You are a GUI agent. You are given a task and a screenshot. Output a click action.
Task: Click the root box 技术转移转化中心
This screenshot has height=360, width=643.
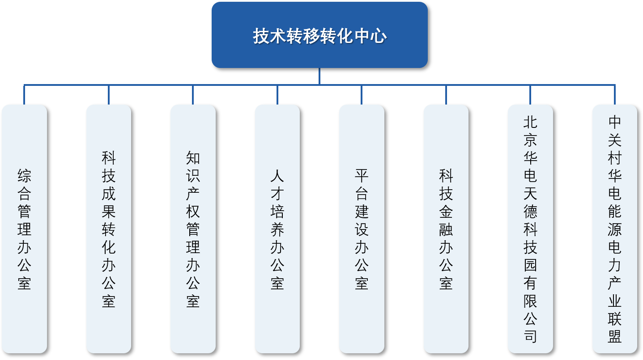pos(319,35)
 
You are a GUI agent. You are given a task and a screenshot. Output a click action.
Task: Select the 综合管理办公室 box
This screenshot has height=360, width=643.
pos(24,229)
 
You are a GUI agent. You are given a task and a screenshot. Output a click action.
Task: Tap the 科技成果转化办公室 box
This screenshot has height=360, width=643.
pos(109,229)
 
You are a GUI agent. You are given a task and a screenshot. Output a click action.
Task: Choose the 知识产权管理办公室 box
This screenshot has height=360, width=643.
pos(193,229)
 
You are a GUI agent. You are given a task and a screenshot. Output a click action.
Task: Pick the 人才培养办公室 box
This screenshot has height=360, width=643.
pos(277,229)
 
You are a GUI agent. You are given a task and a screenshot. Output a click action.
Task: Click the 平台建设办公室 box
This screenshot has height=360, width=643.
pos(362,229)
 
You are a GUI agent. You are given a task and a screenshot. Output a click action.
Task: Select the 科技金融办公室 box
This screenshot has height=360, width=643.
pos(446,229)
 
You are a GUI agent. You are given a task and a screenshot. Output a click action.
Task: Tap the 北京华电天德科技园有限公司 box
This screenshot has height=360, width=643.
pos(530,229)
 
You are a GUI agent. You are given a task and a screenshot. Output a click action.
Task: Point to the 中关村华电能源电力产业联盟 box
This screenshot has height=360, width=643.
pos(615,229)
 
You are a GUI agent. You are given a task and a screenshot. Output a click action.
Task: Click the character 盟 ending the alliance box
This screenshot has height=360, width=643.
pos(615,336)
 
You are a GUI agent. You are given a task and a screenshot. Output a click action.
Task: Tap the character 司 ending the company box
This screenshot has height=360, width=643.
pos(530,336)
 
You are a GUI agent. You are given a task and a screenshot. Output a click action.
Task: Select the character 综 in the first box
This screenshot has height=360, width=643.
pos(24,176)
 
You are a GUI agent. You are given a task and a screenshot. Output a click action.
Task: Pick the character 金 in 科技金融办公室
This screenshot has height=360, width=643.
pos(446,212)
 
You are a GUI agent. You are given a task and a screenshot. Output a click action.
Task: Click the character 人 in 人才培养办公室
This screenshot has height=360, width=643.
pos(277,176)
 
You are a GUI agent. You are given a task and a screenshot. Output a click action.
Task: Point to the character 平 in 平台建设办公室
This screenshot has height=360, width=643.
pos(362,176)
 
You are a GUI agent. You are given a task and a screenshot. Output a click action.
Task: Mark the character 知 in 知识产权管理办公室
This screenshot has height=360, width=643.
pos(193,158)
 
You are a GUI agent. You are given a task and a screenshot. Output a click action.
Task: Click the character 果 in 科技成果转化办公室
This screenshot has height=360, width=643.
pos(109,212)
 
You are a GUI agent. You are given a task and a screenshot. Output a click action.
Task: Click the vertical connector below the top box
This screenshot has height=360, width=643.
pos(319,76)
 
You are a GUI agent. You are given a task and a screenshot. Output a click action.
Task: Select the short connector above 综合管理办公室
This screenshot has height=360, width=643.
pos(24,95)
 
